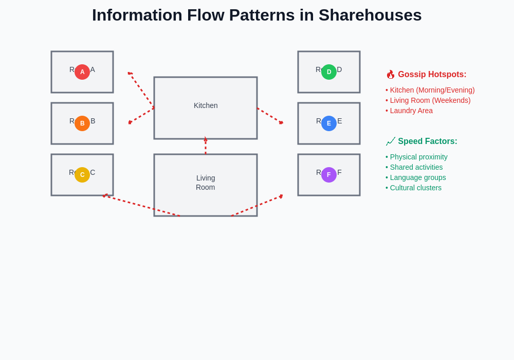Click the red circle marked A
click(x=82, y=72)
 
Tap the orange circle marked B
click(x=82, y=123)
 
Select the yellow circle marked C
click(x=82, y=175)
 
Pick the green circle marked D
click(x=329, y=72)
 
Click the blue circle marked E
click(x=329, y=123)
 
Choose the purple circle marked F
click(x=329, y=175)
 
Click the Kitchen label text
click(x=206, y=105)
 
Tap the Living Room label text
click(x=206, y=183)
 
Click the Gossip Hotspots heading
click(x=432, y=75)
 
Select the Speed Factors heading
click(x=427, y=141)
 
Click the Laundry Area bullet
click(x=411, y=111)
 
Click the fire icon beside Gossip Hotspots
click(x=391, y=75)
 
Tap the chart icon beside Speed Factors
click(x=391, y=141)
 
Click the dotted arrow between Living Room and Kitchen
click(x=206, y=147)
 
